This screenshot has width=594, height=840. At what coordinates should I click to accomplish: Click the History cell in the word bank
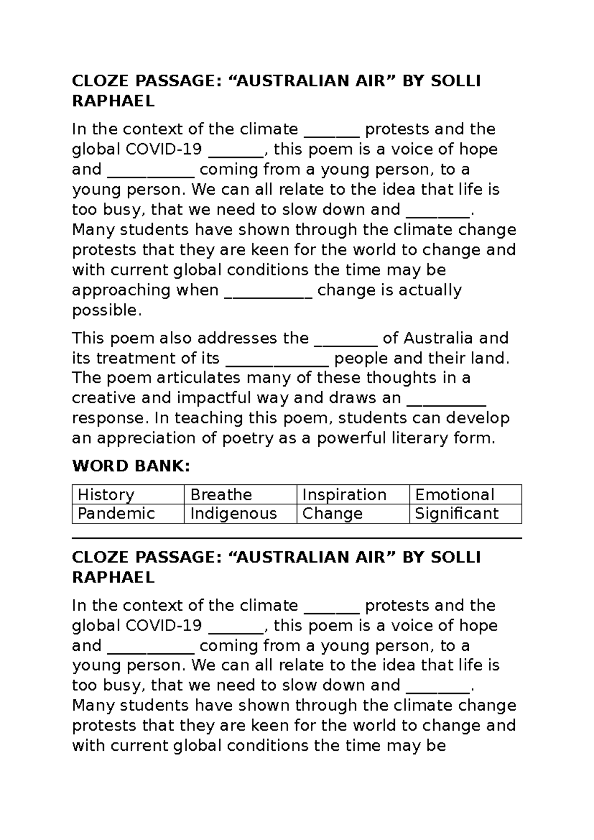pyautogui.click(x=128, y=494)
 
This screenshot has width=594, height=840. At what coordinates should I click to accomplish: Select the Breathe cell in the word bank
pyautogui.click(x=240, y=494)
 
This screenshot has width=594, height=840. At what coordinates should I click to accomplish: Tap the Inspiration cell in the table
pyautogui.click(x=353, y=494)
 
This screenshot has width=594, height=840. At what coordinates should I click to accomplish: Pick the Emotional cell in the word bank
pyautogui.click(x=465, y=494)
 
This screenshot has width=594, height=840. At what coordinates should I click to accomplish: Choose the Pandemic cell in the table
pyautogui.click(x=128, y=513)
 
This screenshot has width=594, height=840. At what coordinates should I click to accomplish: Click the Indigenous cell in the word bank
pyautogui.click(x=240, y=513)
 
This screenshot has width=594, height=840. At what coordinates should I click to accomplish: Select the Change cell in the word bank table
pyautogui.click(x=353, y=513)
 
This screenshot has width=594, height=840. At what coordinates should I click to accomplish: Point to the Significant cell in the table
pyautogui.click(x=465, y=513)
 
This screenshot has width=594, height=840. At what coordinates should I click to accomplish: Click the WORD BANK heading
pyautogui.click(x=131, y=466)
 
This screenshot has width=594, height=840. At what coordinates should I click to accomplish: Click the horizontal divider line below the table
pyautogui.click(x=297, y=538)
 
